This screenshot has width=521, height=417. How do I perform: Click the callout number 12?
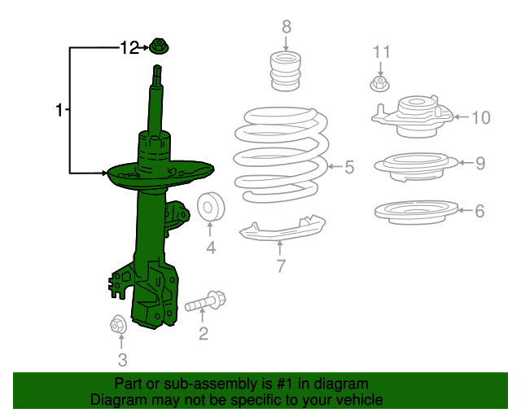[x=130, y=48]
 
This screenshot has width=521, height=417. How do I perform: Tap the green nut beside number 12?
[x=160, y=48]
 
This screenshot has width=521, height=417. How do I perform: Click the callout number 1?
[x=59, y=109]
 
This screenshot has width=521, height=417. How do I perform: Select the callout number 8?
[x=287, y=28]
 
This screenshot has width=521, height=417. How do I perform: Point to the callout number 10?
[x=480, y=118]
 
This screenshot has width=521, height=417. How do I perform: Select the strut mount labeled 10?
[x=414, y=115]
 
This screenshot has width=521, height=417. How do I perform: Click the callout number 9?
[x=480, y=164]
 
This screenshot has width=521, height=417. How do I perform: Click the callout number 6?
[x=480, y=211]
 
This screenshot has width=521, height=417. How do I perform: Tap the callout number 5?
[x=349, y=168]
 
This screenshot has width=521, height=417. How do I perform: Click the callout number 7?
[x=280, y=266]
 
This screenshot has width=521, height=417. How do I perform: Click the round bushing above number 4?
[x=211, y=208]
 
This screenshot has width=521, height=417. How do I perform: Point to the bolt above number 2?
[x=205, y=303]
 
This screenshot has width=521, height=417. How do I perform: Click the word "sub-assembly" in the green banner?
[x=205, y=384]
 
